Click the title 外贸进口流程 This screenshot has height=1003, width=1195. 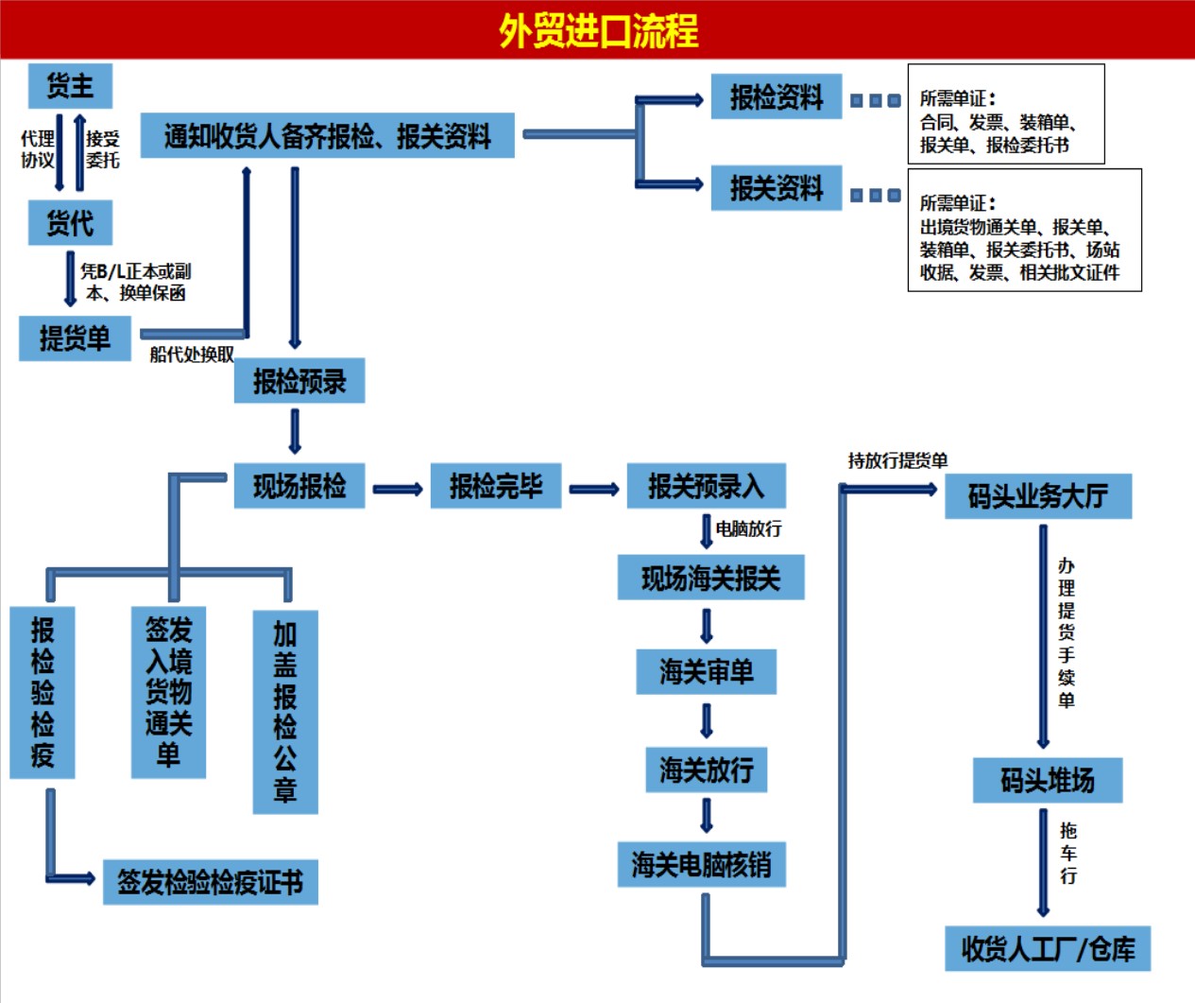[x=598, y=30]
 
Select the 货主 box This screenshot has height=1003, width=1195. [x=71, y=86]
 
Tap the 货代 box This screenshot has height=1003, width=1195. [x=71, y=223]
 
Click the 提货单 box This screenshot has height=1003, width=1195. [x=75, y=338]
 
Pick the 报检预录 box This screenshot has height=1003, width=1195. [x=299, y=381]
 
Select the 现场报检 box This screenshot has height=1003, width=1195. [x=299, y=486]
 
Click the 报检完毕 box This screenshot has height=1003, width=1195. [x=496, y=486]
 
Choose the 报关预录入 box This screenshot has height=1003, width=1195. [x=707, y=486]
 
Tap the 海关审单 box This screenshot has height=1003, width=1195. [x=707, y=672]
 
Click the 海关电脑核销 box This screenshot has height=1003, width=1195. [x=702, y=864]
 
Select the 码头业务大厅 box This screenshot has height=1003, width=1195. [x=1038, y=496]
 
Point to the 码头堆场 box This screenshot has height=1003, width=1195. [x=1048, y=780]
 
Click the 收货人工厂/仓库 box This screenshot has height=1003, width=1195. [x=1048, y=948]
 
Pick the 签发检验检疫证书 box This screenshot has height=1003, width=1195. [x=211, y=882]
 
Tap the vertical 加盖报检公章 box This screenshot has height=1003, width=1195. [x=285, y=712]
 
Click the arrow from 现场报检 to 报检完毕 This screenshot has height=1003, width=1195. [x=398, y=489]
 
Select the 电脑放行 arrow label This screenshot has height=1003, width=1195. [x=748, y=528]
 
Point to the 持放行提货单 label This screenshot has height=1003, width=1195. [x=897, y=460]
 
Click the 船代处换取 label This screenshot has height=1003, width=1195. [x=192, y=355]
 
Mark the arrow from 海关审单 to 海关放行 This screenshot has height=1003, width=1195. [x=707, y=721]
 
